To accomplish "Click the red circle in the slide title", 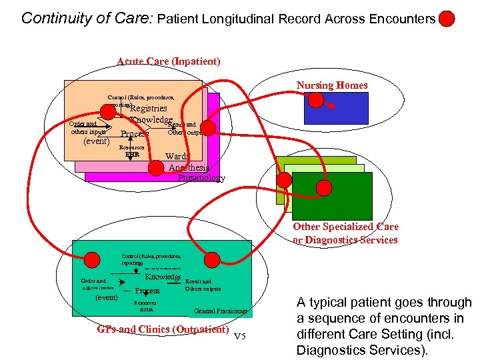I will pyautogui.click(x=447, y=19).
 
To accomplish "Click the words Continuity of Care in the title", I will pyautogui.click(x=87, y=18).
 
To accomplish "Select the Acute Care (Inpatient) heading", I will pyautogui.click(x=168, y=61).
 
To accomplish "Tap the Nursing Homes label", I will pyautogui.click(x=332, y=85).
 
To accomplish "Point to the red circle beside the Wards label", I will pyautogui.click(x=155, y=167).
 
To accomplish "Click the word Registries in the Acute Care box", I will pyautogui.click(x=148, y=108).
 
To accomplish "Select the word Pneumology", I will pyautogui.click(x=202, y=178).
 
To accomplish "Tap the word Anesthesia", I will pyautogui.click(x=189, y=168).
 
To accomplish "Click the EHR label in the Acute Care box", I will pyautogui.click(x=132, y=155).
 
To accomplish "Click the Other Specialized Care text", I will pyautogui.click(x=345, y=227).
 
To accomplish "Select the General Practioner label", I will pyautogui.click(x=221, y=311).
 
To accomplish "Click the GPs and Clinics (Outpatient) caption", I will pyautogui.click(x=163, y=329).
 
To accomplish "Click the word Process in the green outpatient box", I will pyautogui.click(x=147, y=291).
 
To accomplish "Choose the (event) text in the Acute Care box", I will pyautogui.click(x=96, y=141).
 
